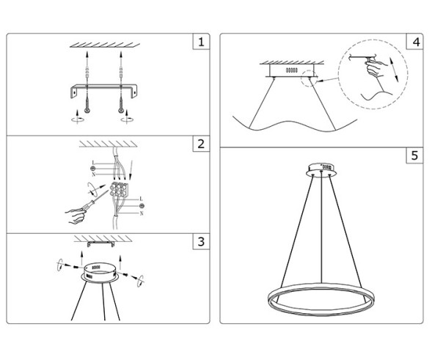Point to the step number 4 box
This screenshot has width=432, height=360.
416,42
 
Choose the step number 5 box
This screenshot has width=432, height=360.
416,155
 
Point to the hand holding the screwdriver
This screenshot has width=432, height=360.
76,215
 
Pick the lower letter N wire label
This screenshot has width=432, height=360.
140,213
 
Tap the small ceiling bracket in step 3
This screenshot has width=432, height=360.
100,243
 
